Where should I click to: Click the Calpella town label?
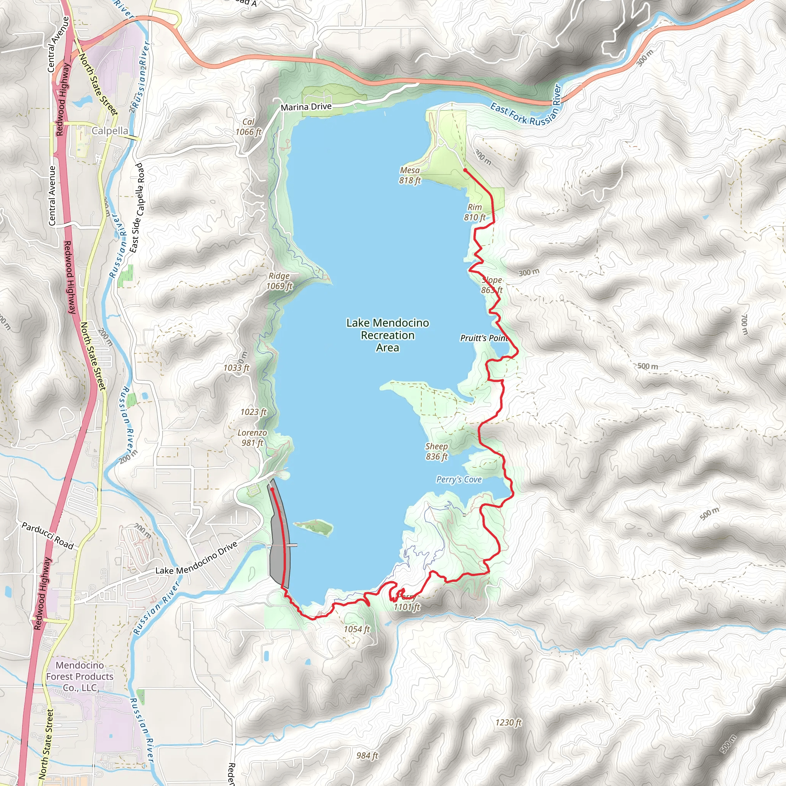coord(109,130)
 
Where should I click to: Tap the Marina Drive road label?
coord(306,107)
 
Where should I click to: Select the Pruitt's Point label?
coord(484,338)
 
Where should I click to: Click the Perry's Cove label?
coord(459,479)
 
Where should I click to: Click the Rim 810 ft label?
coord(475,212)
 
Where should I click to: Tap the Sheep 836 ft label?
coord(436,451)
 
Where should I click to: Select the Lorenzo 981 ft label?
coord(252,438)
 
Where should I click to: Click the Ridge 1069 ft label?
coord(279,281)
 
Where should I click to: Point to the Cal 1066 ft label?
coord(248,127)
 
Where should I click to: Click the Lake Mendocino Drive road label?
coord(196,558)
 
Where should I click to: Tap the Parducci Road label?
coord(48,536)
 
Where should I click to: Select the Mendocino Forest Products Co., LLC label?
coord(80,676)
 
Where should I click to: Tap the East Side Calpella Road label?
coord(137,208)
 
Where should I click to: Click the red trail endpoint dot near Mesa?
coord(465,170)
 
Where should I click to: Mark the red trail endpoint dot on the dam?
coord(272,490)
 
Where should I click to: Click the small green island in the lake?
coord(314,527)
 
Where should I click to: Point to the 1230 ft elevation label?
coord(508,723)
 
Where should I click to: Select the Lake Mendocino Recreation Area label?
coord(387,335)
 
